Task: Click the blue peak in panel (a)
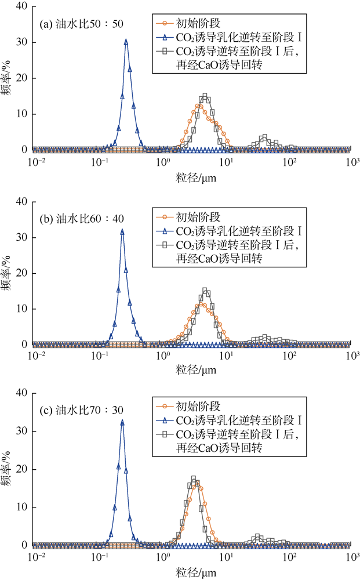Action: coord(126,41)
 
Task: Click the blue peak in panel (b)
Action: coord(122,231)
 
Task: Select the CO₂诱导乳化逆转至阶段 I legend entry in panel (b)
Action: coord(237,232)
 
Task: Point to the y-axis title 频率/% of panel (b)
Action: coord(8,273)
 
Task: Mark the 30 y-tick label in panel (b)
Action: coord(23,237)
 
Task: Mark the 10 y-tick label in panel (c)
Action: coord(23,507)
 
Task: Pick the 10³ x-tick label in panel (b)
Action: coord(351,355)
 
